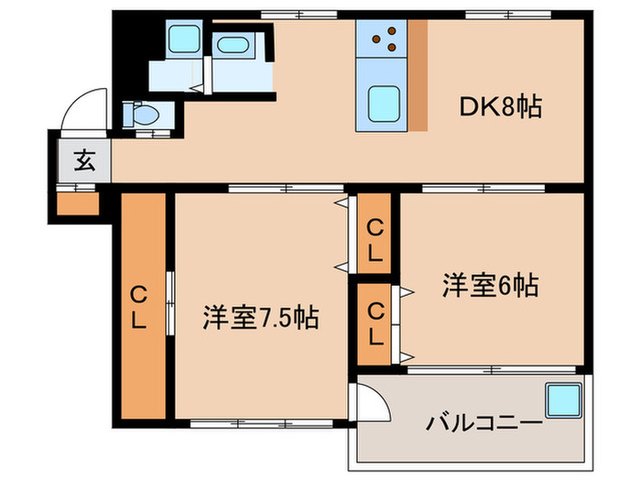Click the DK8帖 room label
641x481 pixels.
500,108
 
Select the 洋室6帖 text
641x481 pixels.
490,286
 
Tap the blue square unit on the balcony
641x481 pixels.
563,400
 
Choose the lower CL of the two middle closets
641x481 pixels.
375,323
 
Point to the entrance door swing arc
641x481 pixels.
78,107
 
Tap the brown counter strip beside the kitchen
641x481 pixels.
417,75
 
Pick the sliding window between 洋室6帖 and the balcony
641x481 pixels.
492,370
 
